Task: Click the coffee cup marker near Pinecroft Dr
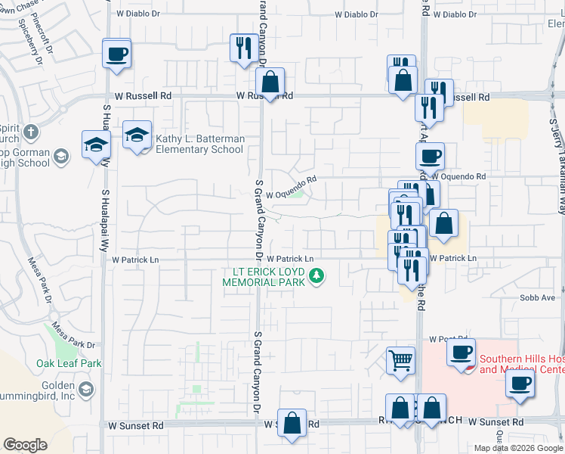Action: [x=116, y=54]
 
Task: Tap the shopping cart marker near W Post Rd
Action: [x=400, y=360]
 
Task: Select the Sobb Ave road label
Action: [x=537, y=298]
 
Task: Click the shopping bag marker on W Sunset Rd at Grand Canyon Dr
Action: [x=292, y=423]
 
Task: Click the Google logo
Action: [x=25, y=445]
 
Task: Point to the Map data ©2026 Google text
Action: [x=518, y=448]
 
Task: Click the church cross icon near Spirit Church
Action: [x=30, y=132]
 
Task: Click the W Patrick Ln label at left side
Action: [x=136, y=260]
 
